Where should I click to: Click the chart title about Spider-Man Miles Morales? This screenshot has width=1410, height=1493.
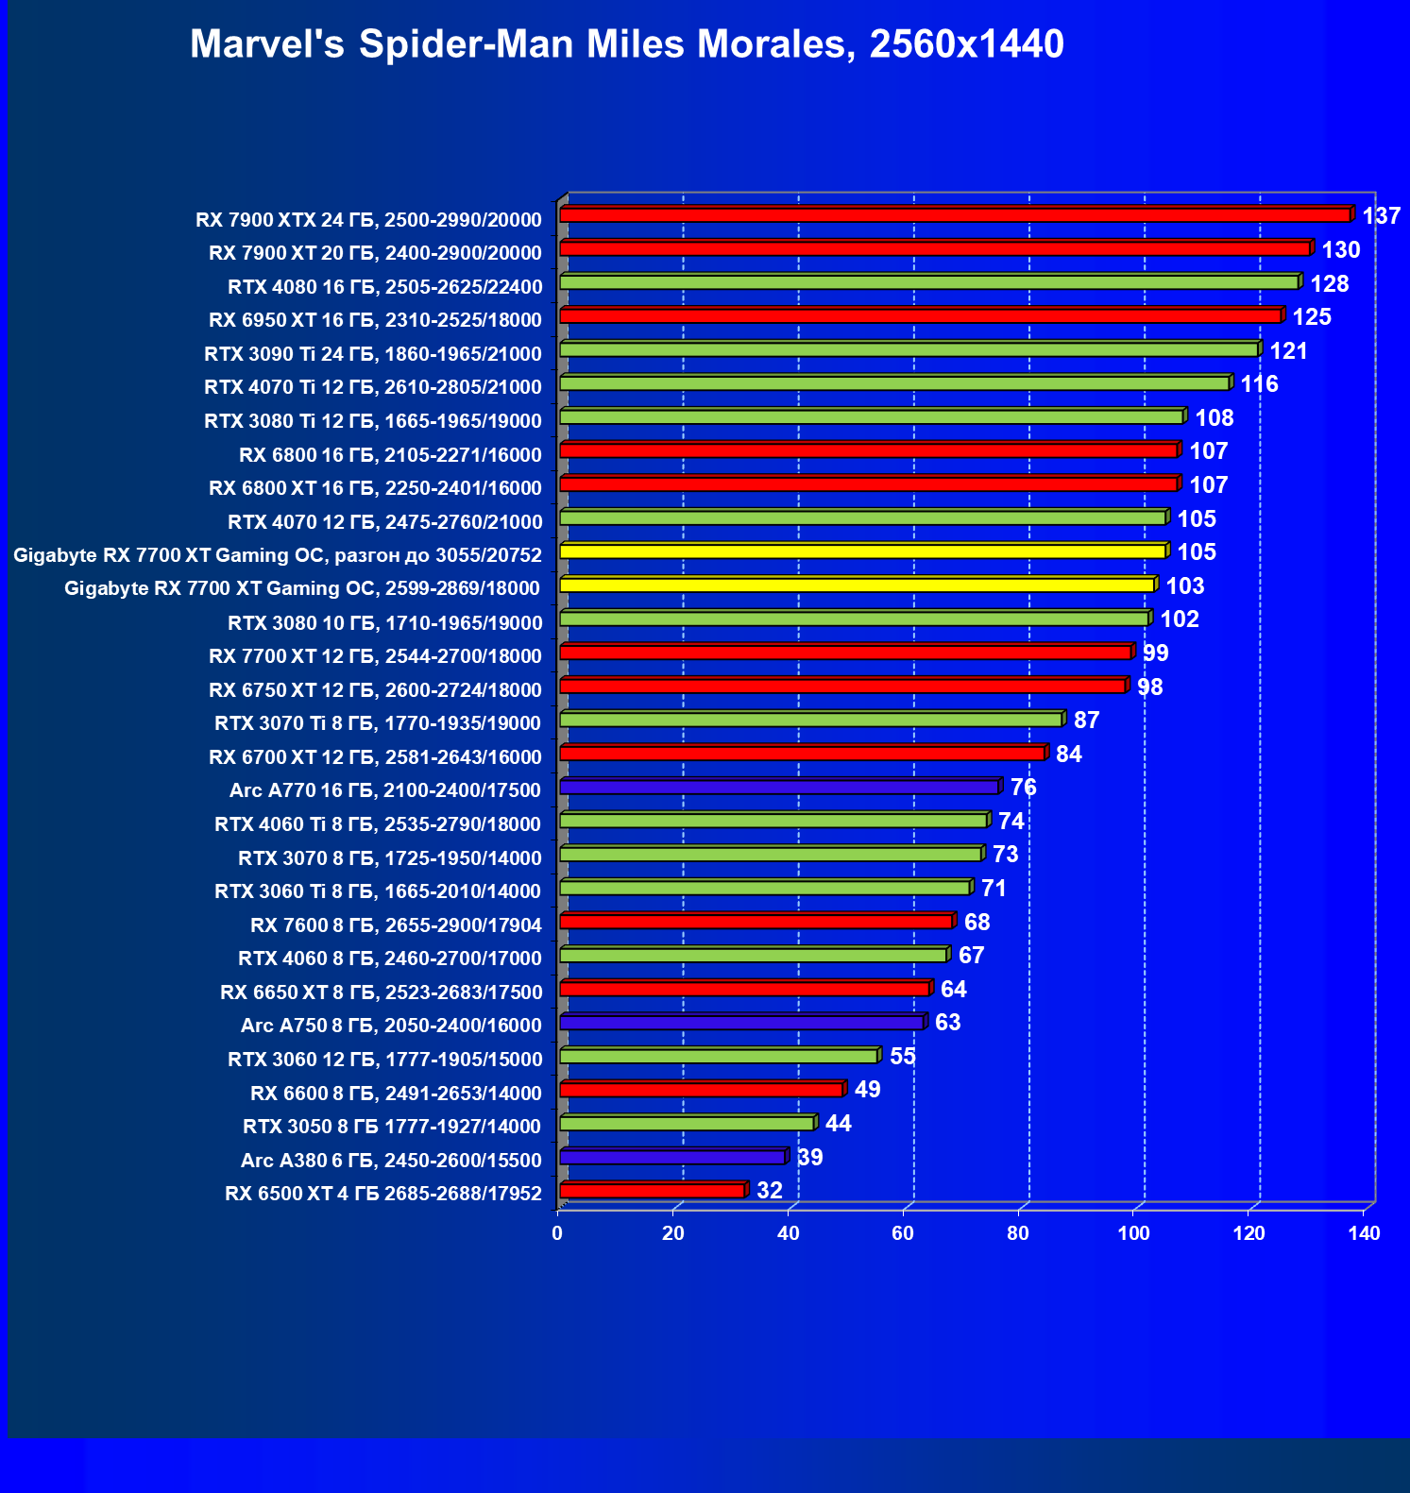626,44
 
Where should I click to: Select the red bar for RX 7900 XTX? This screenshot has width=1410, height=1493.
956,215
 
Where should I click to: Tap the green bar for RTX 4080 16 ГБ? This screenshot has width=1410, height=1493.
929,282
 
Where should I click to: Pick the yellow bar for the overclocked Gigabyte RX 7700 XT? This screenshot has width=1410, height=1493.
863,551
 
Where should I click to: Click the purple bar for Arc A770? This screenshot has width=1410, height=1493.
779,787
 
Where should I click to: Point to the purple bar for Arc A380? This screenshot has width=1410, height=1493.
672,1157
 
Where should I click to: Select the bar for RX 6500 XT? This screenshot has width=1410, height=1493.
653,1191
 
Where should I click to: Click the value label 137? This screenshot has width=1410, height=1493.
1381,216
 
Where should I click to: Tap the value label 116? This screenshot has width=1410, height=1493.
1259,384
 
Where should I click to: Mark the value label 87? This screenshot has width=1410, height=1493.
1086,721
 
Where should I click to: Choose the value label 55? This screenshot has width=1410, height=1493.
903,1057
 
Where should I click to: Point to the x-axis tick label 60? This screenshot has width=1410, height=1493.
903,1233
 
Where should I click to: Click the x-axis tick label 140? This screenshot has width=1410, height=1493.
1364,1233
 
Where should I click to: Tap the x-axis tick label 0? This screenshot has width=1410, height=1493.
557,1233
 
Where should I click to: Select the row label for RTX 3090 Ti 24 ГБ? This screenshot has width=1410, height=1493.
373,354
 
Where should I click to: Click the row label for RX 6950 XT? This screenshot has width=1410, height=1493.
375,320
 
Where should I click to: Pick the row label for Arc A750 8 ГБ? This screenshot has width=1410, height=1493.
391,1026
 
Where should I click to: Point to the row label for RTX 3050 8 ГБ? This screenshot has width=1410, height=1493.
392,1127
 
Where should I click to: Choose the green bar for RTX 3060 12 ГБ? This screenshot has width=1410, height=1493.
719,1056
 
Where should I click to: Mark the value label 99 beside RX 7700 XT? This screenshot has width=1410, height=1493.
1155,653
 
